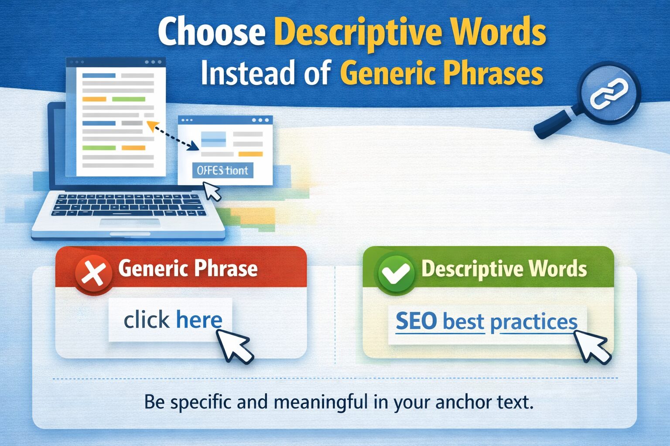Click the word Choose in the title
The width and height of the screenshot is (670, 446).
(x=212, y=32)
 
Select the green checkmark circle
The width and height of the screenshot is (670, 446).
(x=396, y=274)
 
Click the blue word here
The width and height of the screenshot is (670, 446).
(x=199, y=320)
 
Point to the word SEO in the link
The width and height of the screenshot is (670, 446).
(x=416, y=321)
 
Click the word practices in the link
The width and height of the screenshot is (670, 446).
(x=533, y=322)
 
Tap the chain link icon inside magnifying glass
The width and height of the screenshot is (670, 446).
(x=609, y=94)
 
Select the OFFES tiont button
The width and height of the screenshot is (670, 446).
(x=222, y=170)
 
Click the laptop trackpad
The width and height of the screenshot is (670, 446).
(x=130, y=223)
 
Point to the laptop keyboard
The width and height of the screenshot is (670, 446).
(x=129, y=205)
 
